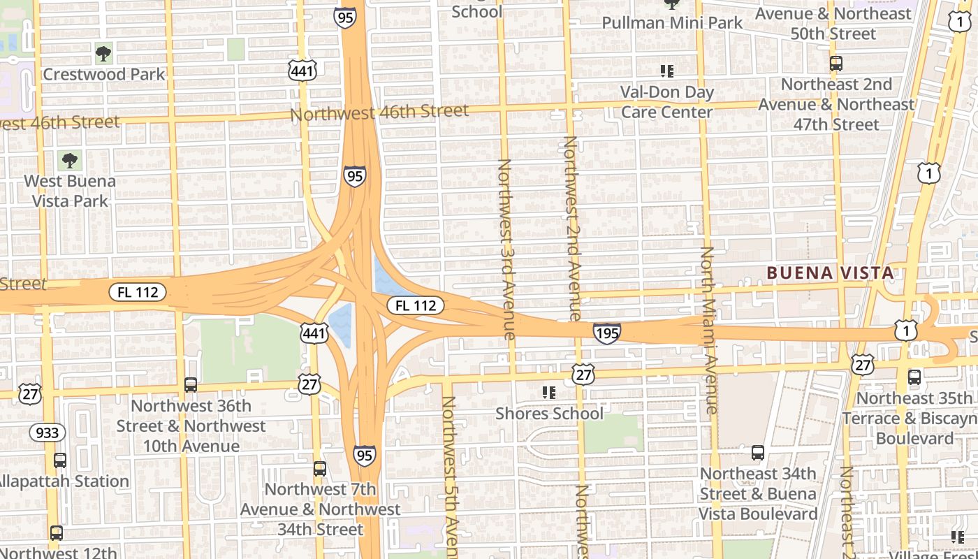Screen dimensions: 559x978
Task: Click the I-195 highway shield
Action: point(606,333)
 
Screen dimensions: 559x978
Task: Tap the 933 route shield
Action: point(47,433)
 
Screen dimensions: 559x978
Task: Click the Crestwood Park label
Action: point(104,74)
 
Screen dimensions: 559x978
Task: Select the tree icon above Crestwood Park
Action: point(103,52)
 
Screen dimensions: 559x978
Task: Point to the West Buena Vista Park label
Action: point(70,191)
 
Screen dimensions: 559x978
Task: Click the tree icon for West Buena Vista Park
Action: point(69,161)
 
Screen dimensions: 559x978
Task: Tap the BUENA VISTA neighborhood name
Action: point(831,273)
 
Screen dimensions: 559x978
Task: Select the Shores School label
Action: point(549,413)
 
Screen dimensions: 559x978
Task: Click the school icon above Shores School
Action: point(549,393)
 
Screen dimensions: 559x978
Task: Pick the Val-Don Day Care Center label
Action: point(667,102)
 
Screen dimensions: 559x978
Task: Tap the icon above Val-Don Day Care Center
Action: point(667,71)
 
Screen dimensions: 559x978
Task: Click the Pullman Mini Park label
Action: point(672,22)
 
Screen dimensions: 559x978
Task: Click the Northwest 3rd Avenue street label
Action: point(506,249)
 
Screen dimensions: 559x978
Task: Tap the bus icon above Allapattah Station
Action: point(60,460)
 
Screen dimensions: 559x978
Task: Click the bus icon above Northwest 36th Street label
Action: point(190,384)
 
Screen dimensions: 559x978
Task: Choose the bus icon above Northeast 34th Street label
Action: point(757,453)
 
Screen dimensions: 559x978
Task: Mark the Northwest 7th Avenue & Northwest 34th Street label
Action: point(320,509)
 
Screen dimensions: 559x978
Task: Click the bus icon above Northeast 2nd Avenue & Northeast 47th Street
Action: point(835,64)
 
